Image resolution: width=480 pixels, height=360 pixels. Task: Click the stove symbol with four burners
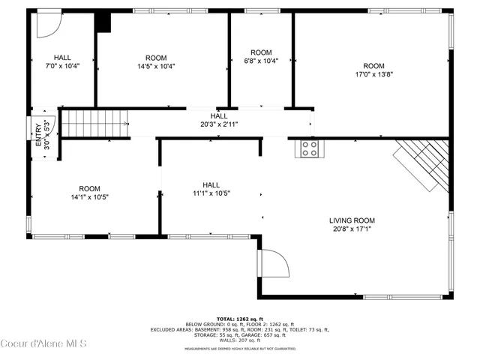pyautogui.click(x=309, y=148)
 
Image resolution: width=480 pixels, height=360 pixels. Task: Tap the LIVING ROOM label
pyautogui.click(x=352, y=220)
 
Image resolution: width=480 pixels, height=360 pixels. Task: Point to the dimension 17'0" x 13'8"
pyautogui.click(x=373, y=74)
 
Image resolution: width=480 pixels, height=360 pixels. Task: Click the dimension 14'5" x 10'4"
pyautogui.click(x=156, y=66)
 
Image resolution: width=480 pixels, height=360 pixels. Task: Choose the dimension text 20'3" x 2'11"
pyautogui.click(x=219, y=124)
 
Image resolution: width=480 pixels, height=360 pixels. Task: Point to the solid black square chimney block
pyautogui.click(x=103, y=22)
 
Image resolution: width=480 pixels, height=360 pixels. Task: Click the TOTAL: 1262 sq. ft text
pyautogui.click(x=240, y=319)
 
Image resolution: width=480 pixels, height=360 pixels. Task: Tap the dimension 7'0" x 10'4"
pyautogui.click(x=62, y=66)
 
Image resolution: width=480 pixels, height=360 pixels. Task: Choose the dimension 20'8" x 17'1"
pyautogui.click(x=352, y=229)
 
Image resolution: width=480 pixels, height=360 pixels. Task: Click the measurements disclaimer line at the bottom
pyautogui.click(x=240, y=349)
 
